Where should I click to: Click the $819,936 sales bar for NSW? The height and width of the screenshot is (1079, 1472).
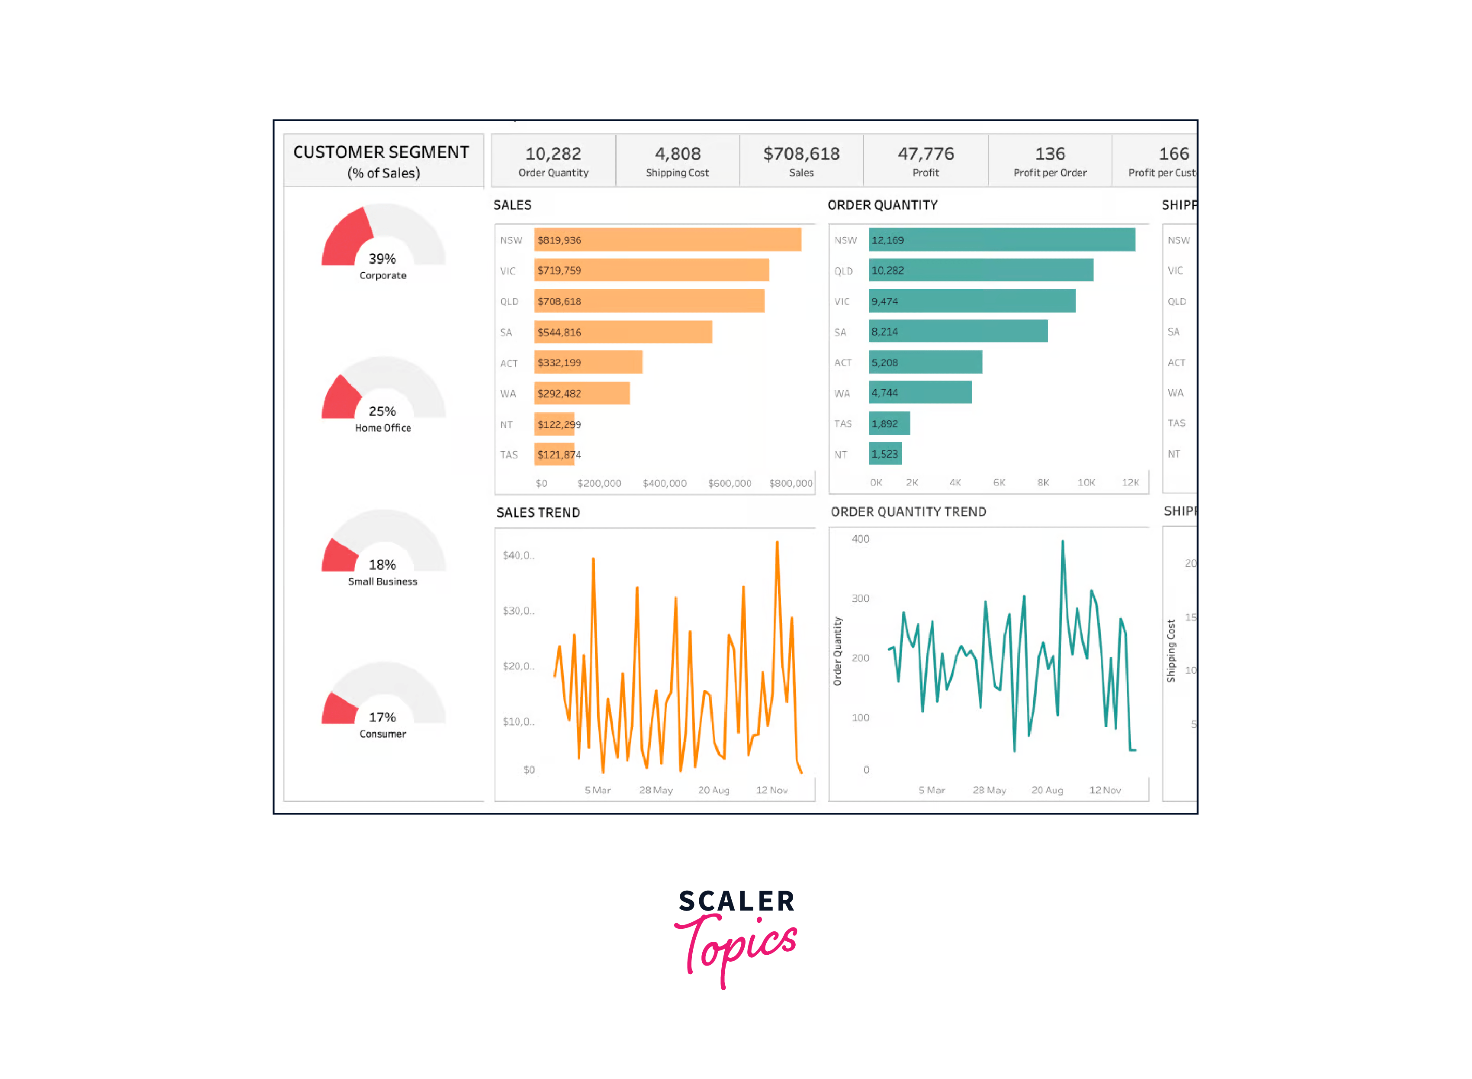pyautogui.click(x=667, y=240)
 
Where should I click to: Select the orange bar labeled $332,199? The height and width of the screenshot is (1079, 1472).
pyautogui.click(x=588, y=362)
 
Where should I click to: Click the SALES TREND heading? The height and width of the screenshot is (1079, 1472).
pyautogui.click(x=538, y=513)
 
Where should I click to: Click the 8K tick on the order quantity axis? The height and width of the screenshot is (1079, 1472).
pyautogui.click(x=1042, y=483)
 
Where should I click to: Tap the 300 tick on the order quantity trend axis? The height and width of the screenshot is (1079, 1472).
pyautogui.click(x=860, y=598)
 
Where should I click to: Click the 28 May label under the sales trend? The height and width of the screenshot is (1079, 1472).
pyautogui.click(x=656, y=790)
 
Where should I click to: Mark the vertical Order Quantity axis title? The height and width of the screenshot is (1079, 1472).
pyautogui.click(x=838, y=651)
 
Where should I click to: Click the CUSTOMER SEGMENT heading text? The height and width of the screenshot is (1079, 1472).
pyautogui.click(x=381, y=152)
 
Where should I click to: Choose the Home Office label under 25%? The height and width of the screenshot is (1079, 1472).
pyautogui.click(x=383, y=428)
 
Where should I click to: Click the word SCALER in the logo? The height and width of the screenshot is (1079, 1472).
pyautogui.click(x=736, y=901)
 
